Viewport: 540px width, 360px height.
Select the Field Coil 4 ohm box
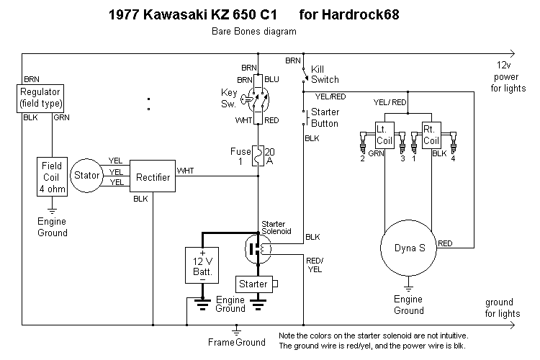pyautogui.click(x=53, y=176)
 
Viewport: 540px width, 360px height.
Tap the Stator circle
pyautogui.click(x=87, y=174)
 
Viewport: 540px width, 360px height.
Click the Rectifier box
pyautogui.click(x=152, y=176)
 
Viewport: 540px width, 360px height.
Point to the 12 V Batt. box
pyautogui.click(x=203, y=265)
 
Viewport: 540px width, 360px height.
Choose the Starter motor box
pyautogui.click(x=253, y=284)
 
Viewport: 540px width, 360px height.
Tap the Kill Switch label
pyautogui.click(x=325, y=74)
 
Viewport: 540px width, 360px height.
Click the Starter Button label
pyautogui.click(x=325, y=118)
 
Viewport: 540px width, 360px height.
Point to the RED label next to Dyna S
pyautogui.click(x=445, y=243)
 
